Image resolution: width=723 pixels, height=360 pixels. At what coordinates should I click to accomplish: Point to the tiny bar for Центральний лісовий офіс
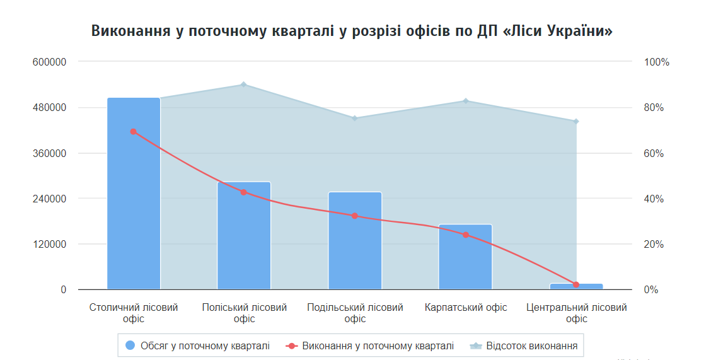coord(576,286)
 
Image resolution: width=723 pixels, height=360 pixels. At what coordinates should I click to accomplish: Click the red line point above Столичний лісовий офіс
coord(134,132)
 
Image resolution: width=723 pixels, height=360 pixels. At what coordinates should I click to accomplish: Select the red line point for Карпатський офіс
coord(466,235)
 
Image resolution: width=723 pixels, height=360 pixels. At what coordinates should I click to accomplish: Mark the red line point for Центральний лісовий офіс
coord(576,285)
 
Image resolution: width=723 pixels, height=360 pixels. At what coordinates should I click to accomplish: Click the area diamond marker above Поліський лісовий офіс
coord(244,84)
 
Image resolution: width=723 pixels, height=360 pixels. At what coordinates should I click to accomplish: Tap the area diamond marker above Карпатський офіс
coord(466,101)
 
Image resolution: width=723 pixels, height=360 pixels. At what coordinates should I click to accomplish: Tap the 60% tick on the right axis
coord(654,154)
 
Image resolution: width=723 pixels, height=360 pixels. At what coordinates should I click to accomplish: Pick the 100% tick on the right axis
coord(656,62)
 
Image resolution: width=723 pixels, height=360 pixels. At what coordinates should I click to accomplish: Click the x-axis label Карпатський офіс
coord(466,308)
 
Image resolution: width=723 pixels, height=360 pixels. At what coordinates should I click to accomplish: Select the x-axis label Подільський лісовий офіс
coord(355,313)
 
